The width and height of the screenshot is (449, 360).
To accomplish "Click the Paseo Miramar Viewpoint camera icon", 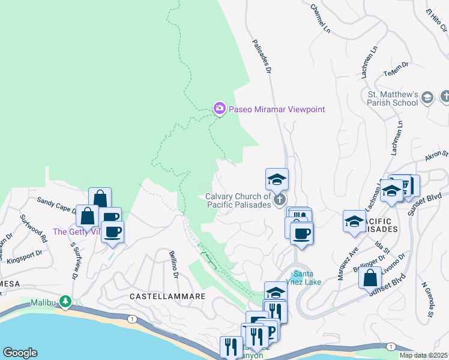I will [x=219, y=109].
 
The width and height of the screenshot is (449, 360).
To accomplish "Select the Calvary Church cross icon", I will [x=279, y=200].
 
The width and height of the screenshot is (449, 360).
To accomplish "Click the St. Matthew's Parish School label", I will [x=393, y=98].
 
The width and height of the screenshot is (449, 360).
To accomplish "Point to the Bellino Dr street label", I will [x=173, y=264].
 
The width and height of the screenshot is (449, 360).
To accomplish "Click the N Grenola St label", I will [x=427, y=299].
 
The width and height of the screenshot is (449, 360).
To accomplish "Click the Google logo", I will [x=20, y=353].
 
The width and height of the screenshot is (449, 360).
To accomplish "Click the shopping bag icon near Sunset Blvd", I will [x=370, y=278].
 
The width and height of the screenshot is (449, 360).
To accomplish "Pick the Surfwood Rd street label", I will [x=34, y=228].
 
